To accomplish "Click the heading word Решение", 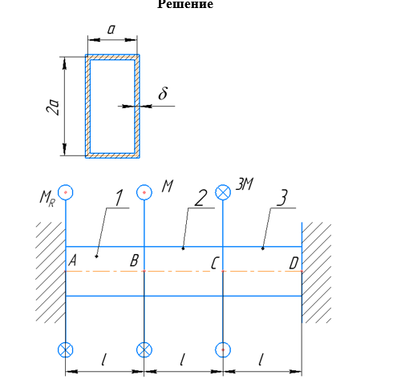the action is pos(185,4).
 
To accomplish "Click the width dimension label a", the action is pos(111,29).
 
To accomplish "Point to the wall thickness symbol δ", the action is pos(163,93).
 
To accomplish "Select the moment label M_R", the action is pos(47,199).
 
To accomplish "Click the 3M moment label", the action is pos(245,184).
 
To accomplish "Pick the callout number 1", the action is pos(120,198).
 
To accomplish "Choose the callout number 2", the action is pos(201,198).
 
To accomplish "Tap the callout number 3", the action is pos(282,198).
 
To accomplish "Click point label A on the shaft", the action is pos(72,260).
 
